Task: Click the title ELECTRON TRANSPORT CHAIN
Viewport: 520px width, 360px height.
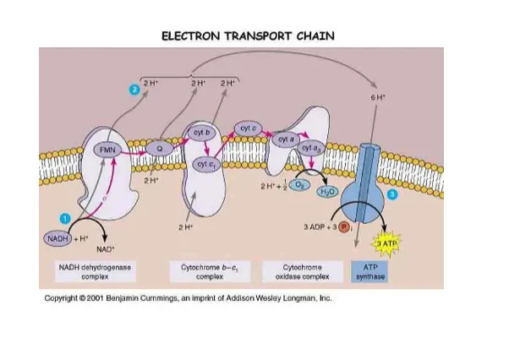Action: (248, 35)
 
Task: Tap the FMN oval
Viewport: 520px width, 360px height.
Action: (108, 150)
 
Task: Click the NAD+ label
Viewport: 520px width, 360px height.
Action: (105, 249)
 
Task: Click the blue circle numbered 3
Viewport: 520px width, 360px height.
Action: (391, 195)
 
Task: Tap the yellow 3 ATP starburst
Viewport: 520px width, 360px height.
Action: (385, 243)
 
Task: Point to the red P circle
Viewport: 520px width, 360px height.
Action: (344, 228)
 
